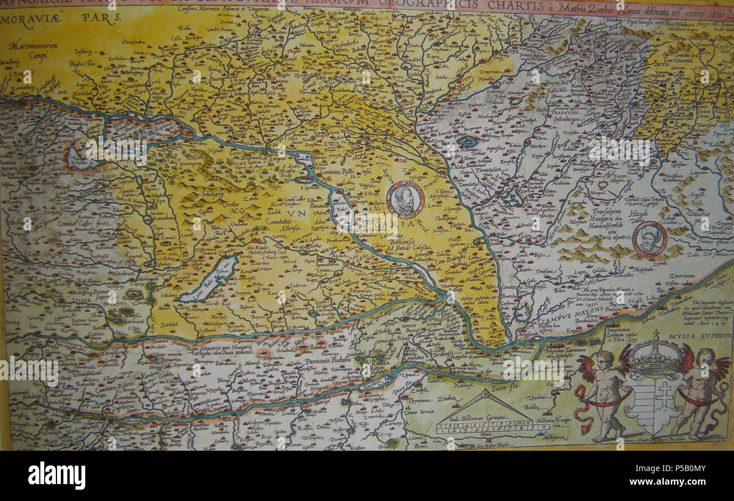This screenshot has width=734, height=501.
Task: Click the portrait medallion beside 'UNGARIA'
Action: (405, 199)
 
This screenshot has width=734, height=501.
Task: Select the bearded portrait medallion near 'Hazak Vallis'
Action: (649, 239)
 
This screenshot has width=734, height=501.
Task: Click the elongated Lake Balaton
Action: (210, 278)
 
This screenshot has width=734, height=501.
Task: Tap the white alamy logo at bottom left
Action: (56, 475)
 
